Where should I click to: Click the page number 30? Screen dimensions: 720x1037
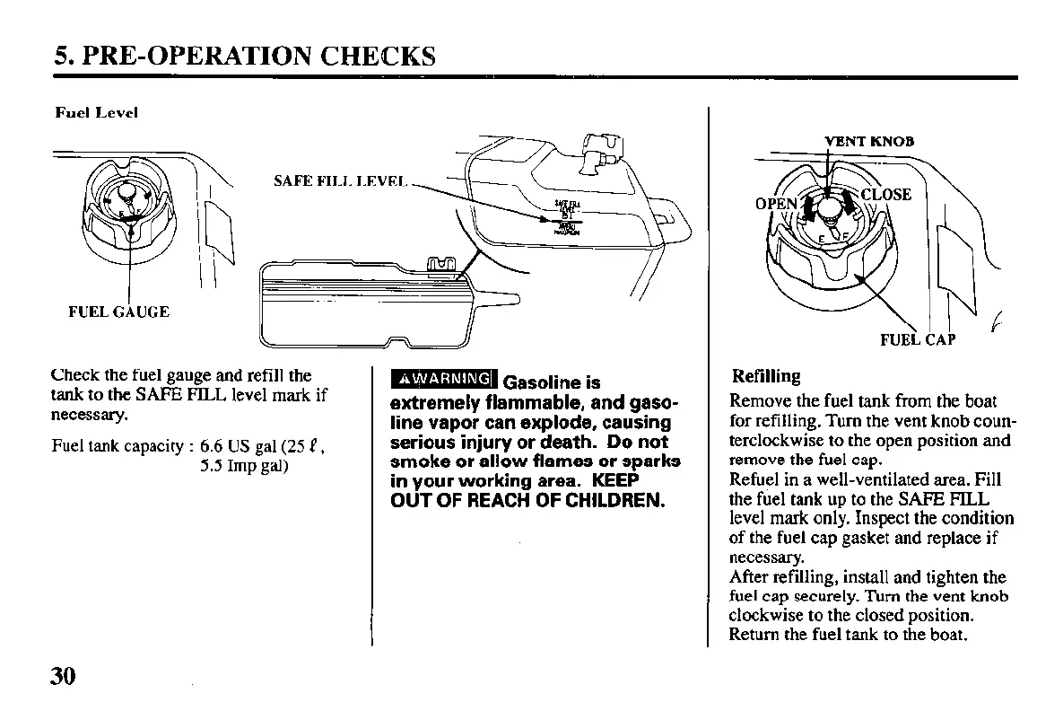click(x=62, y=676)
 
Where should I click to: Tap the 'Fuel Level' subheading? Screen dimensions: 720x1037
click(x=96, y=113)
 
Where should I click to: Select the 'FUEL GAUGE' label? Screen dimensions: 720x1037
click(x=118, y=312)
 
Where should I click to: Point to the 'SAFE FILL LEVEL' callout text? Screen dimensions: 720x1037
click(x=340, y=181)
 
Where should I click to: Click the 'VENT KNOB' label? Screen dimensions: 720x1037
click(x=868, y=141)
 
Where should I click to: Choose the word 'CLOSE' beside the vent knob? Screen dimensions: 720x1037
click(x=885, y=195)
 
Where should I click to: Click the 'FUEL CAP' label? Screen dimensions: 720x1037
click(x=917, y=339)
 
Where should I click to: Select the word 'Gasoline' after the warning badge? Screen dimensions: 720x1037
click(x=545, y=383)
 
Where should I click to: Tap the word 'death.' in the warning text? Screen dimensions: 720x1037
click(x=566, y=443)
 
